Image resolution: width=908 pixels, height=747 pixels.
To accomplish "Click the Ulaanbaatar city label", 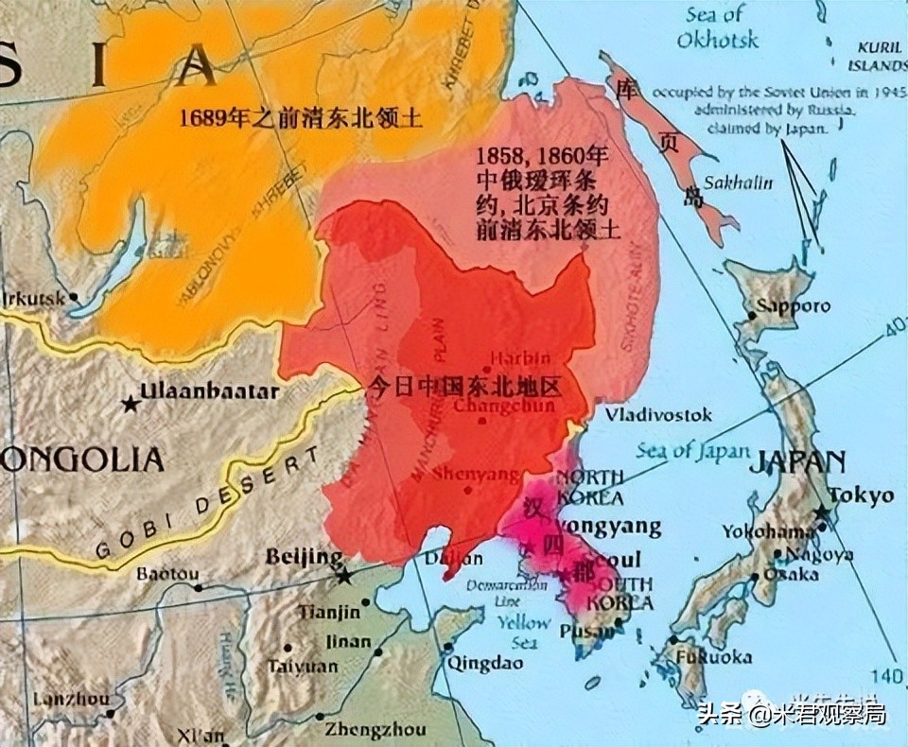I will click(210, 391).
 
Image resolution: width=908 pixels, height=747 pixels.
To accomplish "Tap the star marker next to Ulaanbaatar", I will click(130, 404).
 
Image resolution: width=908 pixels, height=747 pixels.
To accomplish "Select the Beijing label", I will click(304, 556).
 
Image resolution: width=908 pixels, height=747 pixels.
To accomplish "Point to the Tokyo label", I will click(861, 495).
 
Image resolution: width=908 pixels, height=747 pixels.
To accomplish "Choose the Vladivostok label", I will click(658, 415).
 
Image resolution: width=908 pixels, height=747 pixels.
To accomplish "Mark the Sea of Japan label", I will click(692, 451).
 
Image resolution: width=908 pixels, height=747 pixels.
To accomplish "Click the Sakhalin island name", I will click(742, 182).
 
